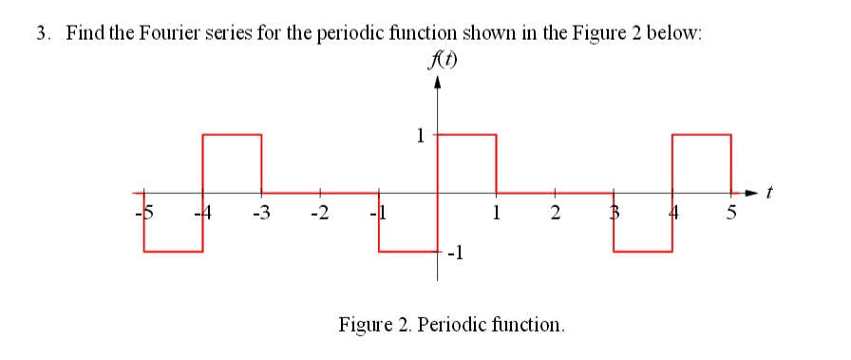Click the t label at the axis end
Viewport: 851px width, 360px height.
771,195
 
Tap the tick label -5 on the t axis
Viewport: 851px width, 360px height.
144,210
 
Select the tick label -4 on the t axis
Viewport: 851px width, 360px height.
201,210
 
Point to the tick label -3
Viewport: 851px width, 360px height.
261,210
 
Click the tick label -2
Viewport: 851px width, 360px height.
319,210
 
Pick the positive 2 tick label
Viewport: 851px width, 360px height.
555,210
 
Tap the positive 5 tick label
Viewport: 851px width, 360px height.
731,210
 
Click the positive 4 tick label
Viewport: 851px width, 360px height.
672,210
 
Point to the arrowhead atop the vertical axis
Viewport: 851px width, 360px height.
438,84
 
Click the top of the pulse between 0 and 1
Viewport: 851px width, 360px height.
466,135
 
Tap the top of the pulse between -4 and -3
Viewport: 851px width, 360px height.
232,135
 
